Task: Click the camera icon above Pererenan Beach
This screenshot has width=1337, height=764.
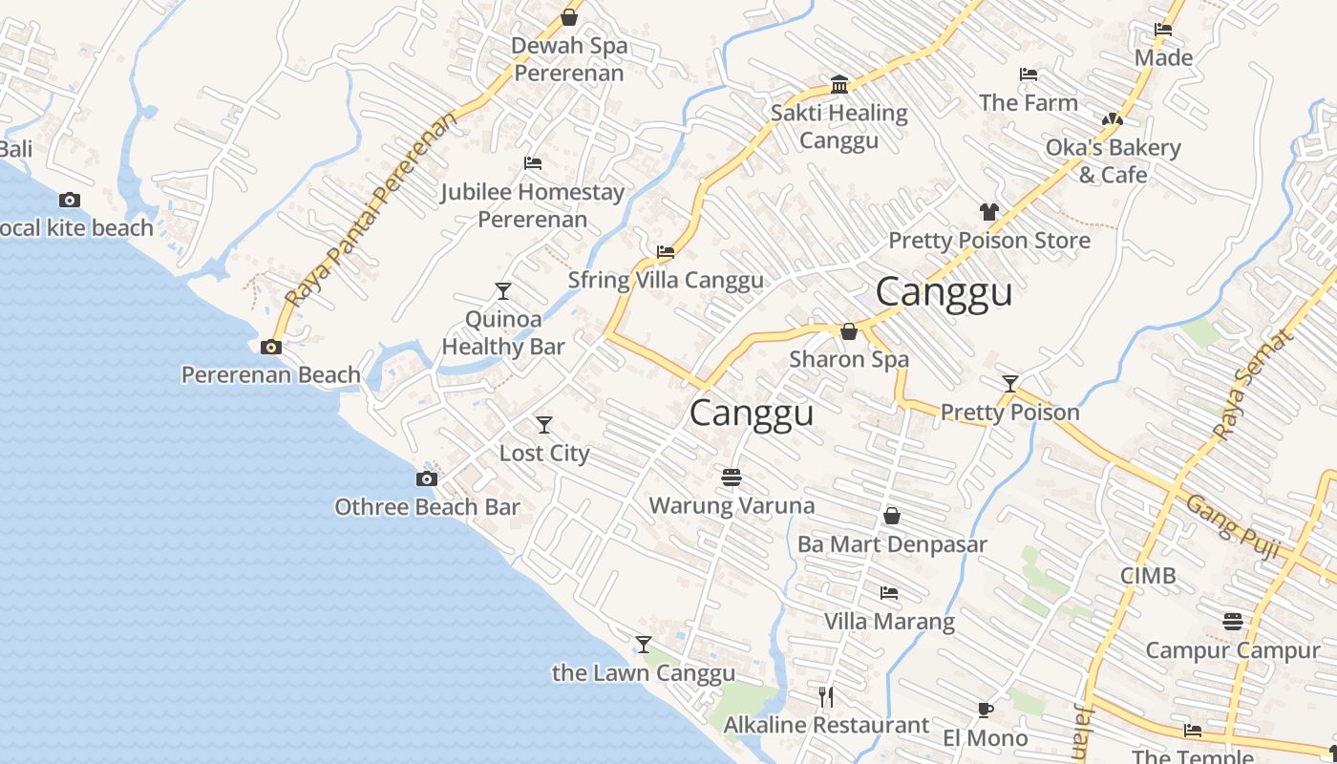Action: pos(271,348)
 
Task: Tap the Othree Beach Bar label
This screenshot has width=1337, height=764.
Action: pos(427,507)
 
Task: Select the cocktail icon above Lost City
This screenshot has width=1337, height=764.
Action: pos(544,424)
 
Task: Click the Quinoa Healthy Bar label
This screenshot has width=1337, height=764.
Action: pos(503,332)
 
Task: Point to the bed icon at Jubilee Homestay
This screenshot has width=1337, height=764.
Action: pos(533,163)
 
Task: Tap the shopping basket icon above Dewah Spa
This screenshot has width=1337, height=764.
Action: pos(569,17)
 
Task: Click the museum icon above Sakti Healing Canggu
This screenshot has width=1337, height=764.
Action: pos(839,84)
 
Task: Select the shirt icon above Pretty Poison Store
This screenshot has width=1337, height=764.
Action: pos(988,212)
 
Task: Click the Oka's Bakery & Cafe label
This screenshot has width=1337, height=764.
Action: pos(1114,160)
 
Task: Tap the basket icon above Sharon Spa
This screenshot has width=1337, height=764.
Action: pos(848,331)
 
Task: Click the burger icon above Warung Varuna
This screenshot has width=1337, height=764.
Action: pos(732,477)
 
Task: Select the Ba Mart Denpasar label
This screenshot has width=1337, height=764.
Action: pos(892,544)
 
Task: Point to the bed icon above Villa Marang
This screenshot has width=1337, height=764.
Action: pos(889,593)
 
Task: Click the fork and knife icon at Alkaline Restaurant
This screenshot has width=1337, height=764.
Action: pos(826,697)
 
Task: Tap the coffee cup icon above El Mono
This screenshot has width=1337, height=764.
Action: pos(986,710)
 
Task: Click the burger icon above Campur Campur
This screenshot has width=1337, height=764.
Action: pos(1232,622)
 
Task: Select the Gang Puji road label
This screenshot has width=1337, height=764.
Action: pos(1232,524)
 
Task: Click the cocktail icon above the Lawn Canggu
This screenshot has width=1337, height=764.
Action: pos(644,645)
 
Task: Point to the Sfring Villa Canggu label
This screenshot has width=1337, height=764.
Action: pos(666,280)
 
